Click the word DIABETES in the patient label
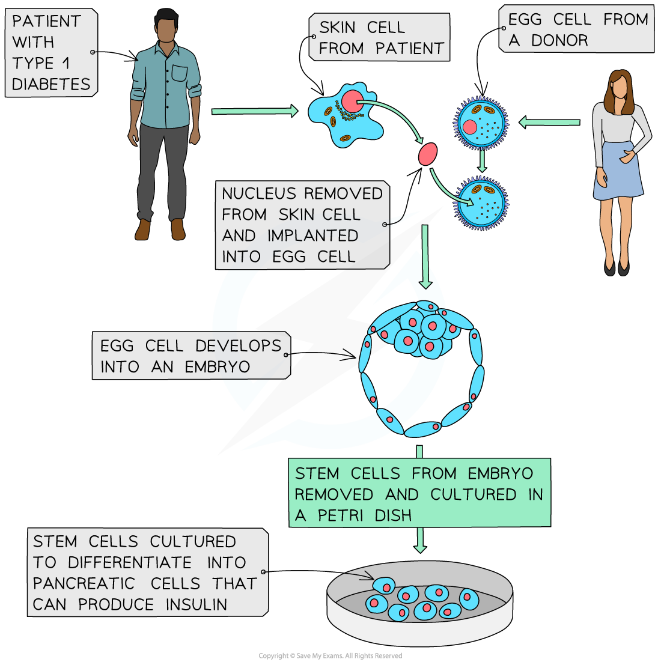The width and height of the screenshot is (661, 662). point(51,84)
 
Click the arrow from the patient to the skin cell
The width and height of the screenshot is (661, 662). point(255,111)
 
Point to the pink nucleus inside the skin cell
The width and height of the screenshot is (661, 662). point(352,100)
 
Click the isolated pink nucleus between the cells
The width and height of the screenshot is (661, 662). point(427,154)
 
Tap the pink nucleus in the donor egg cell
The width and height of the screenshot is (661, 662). point(471,127)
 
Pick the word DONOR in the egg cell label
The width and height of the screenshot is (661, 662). point(560,41)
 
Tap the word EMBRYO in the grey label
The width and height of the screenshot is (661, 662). point(218,367)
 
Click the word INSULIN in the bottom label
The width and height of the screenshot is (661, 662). point(197,604)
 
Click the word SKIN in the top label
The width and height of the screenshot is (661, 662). point(337,28)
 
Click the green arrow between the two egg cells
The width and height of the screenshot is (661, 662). point(482,161)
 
